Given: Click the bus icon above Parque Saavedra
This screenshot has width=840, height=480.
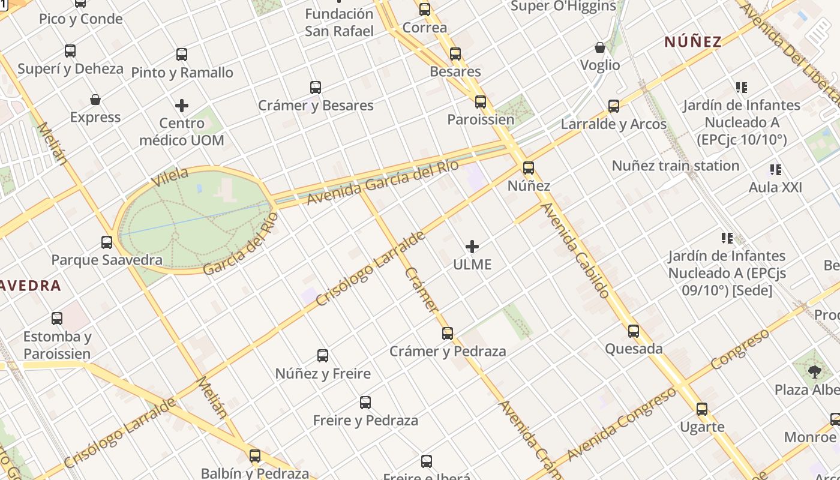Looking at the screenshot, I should pos(107,242).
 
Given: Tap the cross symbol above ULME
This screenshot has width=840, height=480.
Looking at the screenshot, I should pos(472,247).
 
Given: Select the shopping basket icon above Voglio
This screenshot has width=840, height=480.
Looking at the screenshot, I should pos(599,47).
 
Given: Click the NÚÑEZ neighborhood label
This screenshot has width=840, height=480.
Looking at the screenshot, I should pos(692,41).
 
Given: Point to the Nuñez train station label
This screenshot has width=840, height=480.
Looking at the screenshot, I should pos(675,166).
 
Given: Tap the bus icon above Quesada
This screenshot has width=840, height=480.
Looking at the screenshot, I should pos(634,331).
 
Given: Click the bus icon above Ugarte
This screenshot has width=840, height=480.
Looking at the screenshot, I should pos(702,410).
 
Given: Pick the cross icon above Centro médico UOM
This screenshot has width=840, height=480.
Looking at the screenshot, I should pos(182,106).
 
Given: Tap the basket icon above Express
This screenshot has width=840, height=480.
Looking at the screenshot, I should pos(95,100).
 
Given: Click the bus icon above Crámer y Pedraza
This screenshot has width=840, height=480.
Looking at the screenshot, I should pos(448,334).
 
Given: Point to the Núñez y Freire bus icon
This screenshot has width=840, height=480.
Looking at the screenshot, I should pos(323,356).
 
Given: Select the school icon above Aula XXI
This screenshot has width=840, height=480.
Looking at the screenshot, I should pos(776,170).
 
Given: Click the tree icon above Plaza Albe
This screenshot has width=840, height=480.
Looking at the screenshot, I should pos(814,372).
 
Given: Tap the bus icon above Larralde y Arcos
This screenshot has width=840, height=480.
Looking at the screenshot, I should pos(614,106).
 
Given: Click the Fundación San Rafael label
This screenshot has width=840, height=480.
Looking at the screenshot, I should pos(339,22).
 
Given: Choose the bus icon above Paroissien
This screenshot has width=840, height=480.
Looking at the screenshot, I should pos(481,102).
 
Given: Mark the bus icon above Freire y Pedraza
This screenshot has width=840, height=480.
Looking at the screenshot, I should pos(365,403).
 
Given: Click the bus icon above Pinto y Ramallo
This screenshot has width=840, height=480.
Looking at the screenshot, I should pos(182,55).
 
